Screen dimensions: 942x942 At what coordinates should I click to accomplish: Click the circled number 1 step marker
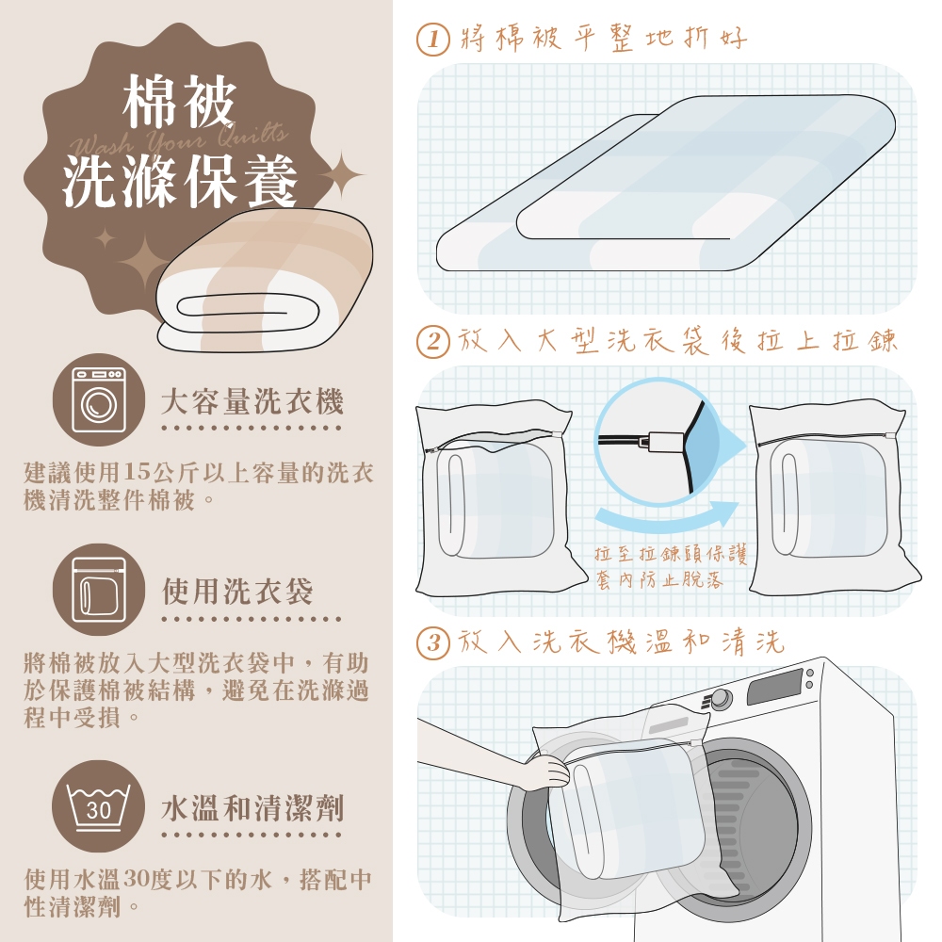tap(432, 39)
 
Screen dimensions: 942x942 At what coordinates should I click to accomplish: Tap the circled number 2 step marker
tap(432, 342)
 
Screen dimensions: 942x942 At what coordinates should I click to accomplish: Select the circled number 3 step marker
tap(432, 643)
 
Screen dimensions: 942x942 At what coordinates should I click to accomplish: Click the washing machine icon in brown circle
tap(99, 399)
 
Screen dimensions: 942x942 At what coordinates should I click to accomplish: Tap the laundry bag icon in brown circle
tap(99, 590)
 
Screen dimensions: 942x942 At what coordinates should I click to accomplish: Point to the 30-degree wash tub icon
tap(99, 806)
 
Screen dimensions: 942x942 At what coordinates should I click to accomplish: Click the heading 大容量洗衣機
tap(252, 401)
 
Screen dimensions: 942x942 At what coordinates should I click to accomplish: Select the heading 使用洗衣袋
tap(237, 592)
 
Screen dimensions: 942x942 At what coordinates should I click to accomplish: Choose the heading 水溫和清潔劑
tap(252, 808)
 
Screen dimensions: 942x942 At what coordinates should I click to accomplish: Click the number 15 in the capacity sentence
tap(137, 472)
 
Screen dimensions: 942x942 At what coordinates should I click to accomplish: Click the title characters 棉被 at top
tap(179, 101)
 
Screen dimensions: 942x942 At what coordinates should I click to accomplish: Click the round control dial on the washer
tap(721, 699)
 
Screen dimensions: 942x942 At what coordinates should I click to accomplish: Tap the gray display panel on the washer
tap(774, 686)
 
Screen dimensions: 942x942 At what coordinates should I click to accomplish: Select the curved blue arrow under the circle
tap(668, 516)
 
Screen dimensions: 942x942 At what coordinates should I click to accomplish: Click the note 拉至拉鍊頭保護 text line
tap(671, 553)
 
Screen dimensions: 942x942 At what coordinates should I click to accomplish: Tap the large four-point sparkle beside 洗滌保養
tap(341, 175)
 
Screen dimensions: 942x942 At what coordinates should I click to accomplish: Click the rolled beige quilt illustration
tap(265, 280)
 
